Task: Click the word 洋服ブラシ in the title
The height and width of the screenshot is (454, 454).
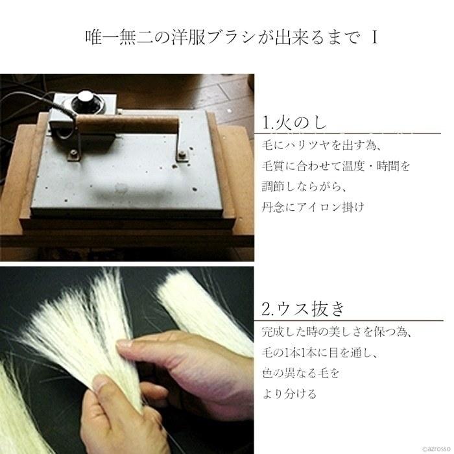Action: point(215,37)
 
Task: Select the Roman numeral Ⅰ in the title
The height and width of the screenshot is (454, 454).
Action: point(374,37)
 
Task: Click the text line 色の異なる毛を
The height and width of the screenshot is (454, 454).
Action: point(301,373)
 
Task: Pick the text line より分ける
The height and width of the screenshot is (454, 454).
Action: point(289,394)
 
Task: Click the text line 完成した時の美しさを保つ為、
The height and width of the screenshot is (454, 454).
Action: point(337,332)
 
